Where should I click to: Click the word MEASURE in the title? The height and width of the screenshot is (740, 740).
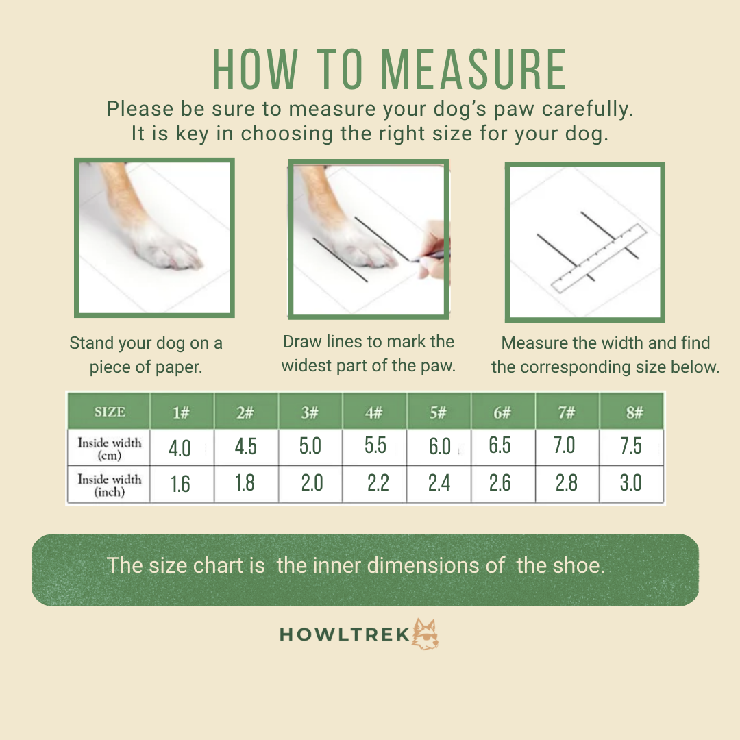pos(473,69)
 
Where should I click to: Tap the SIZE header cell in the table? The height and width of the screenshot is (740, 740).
pos(110,412)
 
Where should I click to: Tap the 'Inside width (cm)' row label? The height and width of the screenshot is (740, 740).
pos(110,449)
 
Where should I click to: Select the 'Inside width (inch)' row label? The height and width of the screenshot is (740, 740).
pos(110,485)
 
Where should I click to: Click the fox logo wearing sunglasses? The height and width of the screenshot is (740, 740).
pos(425,634)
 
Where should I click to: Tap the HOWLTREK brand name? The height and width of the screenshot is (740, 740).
pos(345,634)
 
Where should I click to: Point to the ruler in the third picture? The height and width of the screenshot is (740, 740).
pos(599,258)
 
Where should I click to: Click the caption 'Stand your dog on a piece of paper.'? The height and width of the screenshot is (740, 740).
pos(146,355)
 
